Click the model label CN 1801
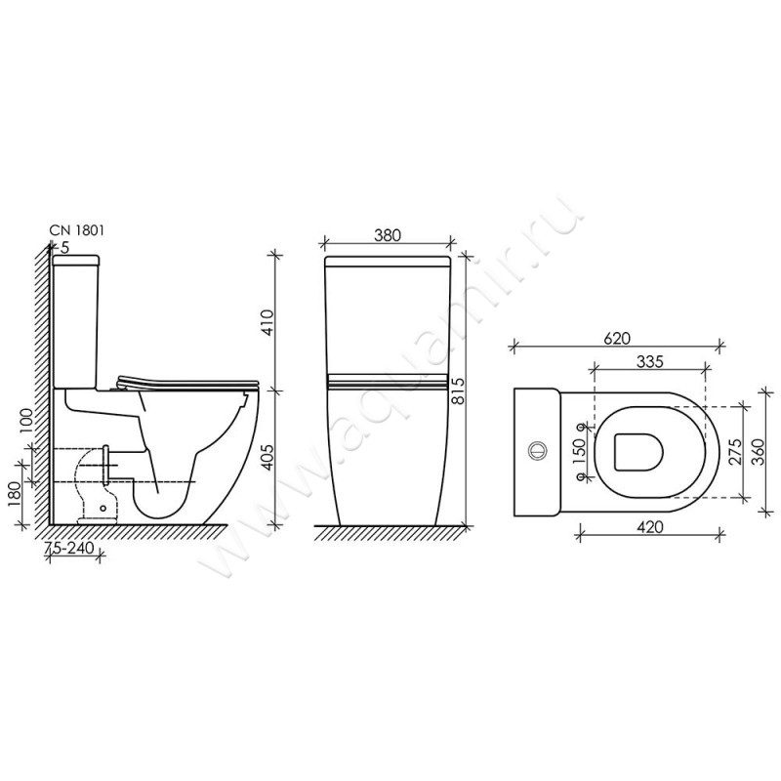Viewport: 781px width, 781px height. click(77, 230)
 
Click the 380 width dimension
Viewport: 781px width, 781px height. click(387, 235)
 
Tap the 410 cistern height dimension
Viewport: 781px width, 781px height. click(267, 322)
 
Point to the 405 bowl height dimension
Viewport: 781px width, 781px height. click(267, 457)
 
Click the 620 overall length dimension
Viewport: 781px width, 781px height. click(617, 339)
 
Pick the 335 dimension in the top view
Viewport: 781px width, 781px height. click(650, 361)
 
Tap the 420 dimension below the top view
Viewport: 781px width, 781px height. click(650, 527)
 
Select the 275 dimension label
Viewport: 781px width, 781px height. click(735, 451)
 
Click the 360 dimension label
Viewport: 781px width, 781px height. click(758, 451)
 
